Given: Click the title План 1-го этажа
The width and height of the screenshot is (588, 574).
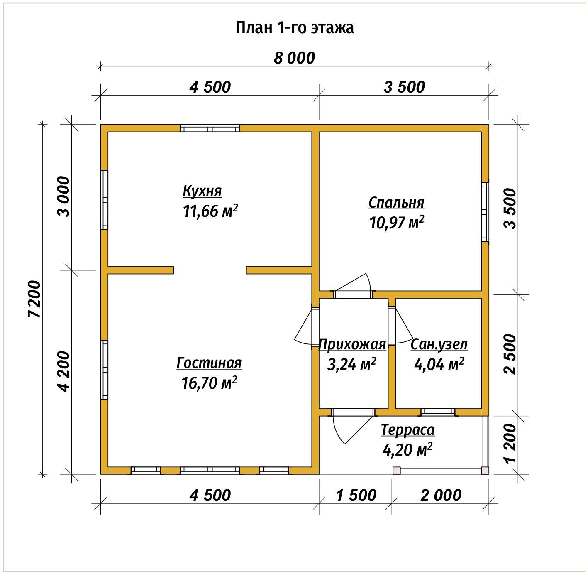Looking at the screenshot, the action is (x=294, y=28).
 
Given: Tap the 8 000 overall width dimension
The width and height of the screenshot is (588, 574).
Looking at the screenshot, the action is (x=294, y=58).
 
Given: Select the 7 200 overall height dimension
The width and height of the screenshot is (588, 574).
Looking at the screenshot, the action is (x=34, y=299).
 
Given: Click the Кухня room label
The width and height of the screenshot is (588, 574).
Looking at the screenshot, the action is (x=202, y=191).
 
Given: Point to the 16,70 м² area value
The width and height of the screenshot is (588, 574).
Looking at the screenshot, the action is (x=209, y=383).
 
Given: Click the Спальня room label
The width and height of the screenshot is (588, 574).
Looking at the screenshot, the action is (x=396, y=203).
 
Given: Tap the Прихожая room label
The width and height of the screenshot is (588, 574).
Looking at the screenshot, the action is (x=352, y=344).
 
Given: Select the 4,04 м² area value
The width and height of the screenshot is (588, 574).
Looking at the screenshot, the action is (x=439, y=364).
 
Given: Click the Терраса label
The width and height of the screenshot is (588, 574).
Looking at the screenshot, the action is (x=407, y=430).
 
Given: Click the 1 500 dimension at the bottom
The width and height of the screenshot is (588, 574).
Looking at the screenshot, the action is (x=356, y=496).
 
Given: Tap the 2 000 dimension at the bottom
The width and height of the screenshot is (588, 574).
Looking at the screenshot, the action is (x=441, y=496).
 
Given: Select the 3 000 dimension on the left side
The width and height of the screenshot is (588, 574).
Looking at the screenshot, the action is (x=63, y=196).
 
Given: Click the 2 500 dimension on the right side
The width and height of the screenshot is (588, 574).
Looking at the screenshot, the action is (x=511, y=354).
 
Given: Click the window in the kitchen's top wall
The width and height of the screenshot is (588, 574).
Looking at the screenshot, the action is (x=210, y=128).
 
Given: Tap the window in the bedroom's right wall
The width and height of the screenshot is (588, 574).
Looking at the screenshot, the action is (x=485, y=212).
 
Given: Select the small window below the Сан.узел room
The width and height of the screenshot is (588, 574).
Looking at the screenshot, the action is (x=438, y=412).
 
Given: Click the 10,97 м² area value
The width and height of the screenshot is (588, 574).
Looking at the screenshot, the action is (x=396, y=223).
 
